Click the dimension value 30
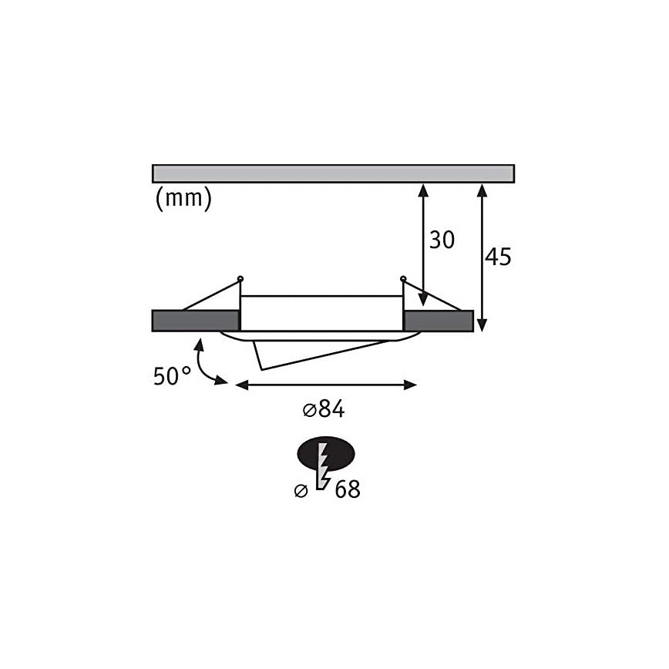[x=442, y=240]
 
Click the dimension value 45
[x=498, y=257]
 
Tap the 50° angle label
[x=172, y=376]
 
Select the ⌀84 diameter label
[x=324, y=409]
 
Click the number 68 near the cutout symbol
[x=348, y=489]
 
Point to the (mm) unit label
[x=183, y=198]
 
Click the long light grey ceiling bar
[x=333, y=173]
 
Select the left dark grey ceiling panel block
[x=196, y=321]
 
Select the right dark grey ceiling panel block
[x=439, y=321]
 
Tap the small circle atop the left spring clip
[x=240, y=279]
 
